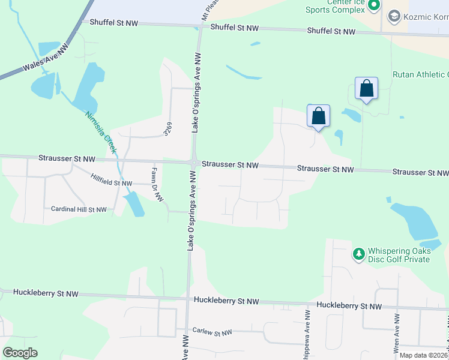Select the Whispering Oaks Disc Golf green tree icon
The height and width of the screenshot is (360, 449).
tap(359, 254)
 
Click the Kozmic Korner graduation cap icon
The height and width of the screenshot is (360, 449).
tap(394, 16)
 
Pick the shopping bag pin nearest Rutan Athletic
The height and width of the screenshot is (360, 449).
tap(366, 89)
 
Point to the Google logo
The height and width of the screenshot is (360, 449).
tap(20, 353)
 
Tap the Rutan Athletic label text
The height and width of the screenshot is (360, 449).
tap(420, 74)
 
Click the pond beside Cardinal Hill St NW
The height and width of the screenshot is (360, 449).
tap(134, 205)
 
